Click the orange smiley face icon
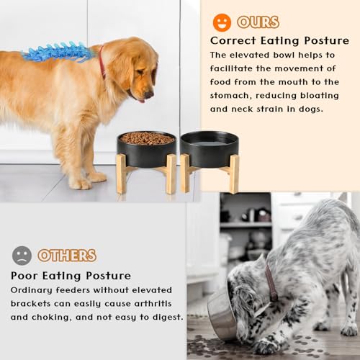point(222,22)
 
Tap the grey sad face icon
point(22,256)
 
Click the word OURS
point(258,22)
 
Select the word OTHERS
point(67,256)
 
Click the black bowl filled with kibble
point(146,147)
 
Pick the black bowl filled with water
point(209,148)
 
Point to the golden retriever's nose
point(148,94)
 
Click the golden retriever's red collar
point(102,63)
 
